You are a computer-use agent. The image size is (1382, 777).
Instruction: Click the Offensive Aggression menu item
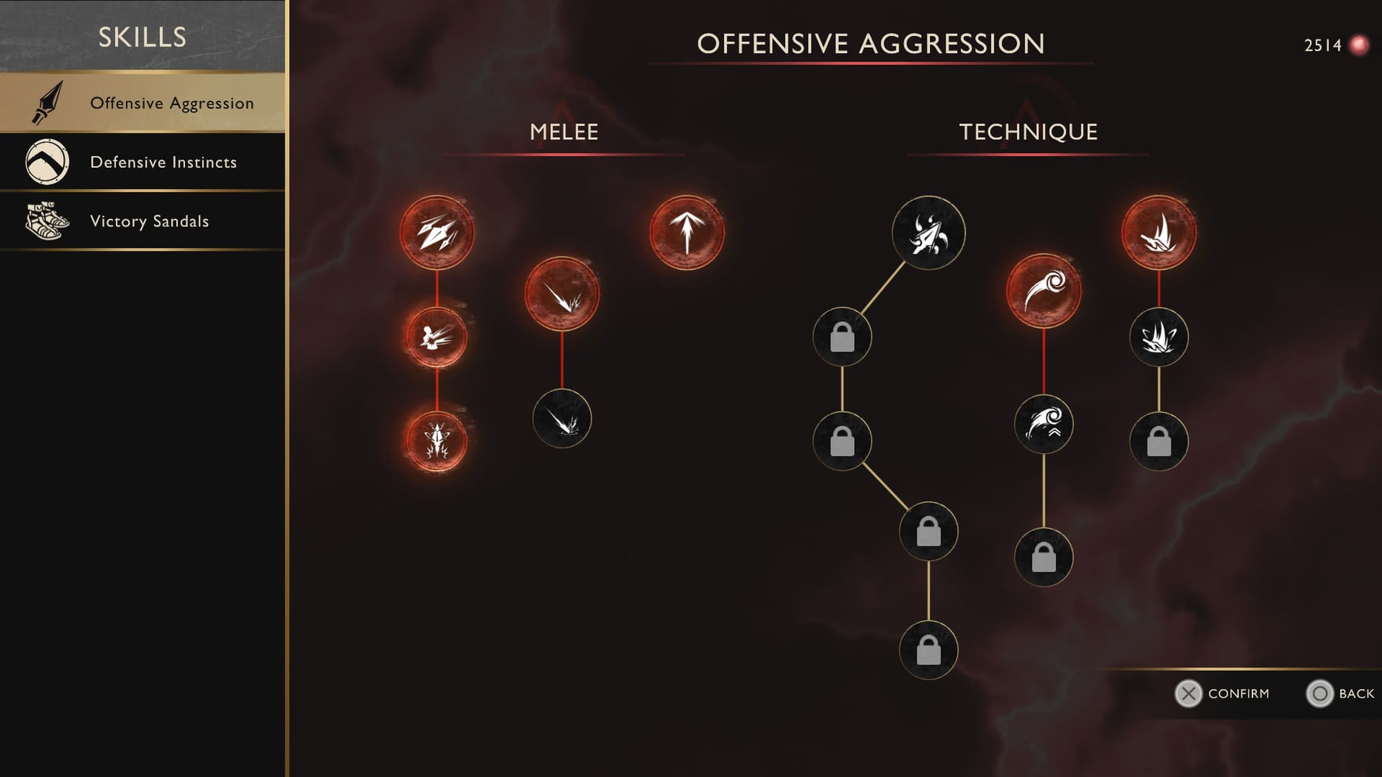click(142, 102)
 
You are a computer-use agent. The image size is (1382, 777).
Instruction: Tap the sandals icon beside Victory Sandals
click(47, 221)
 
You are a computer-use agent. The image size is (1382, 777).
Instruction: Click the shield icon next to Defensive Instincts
click(47, 162)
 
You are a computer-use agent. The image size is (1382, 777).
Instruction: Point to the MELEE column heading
click(564, 132)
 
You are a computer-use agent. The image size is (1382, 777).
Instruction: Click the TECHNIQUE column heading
click(1028, 132)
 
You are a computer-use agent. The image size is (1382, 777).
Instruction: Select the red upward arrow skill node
click(687, 233)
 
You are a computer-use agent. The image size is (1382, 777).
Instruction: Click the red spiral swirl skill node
click(1043, 291)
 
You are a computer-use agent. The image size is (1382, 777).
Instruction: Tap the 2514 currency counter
click(1323, 46)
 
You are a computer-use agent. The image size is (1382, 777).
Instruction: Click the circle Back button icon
click(1319, 693)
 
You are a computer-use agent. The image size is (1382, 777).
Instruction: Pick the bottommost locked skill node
click(928, 650)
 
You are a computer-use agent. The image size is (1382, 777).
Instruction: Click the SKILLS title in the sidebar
click(142, 37)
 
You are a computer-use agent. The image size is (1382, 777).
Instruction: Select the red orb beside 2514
click(1359, 46)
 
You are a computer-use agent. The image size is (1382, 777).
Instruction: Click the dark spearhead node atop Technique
click(928, 233)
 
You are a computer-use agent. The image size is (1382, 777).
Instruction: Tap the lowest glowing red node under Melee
click(437, 441)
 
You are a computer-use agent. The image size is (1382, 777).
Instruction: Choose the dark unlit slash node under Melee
click(562, 419)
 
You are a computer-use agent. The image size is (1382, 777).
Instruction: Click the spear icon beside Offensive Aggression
click(47, 103)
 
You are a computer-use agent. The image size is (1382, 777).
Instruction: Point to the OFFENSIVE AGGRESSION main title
click(871, 44)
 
